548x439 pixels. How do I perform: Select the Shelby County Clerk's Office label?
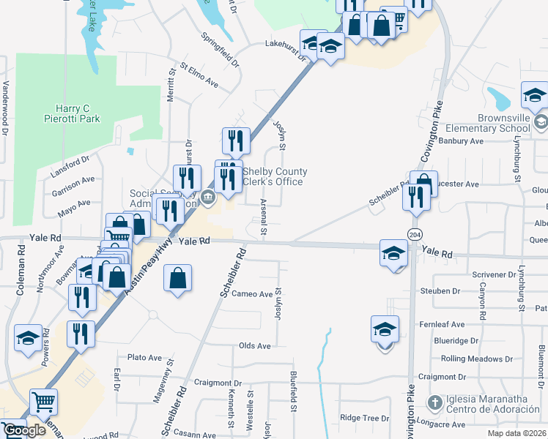pos(275,177)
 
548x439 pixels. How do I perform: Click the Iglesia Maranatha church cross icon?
pos(434,402)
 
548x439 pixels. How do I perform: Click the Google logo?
pos(24,430)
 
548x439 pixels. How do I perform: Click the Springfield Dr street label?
pos(221,49)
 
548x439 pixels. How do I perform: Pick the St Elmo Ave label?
pos(199,77)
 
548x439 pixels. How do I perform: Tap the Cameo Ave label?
pos(252,294)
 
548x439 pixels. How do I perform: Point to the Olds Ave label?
pos(254,345)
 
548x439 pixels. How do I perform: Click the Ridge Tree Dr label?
pos(364,418)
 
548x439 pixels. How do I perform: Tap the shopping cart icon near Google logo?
pos(44,402)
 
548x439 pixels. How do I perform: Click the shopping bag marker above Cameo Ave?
pos(178,278)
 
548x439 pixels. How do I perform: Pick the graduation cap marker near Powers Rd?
pos(29,337)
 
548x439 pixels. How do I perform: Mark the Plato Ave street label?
pos(144,358)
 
